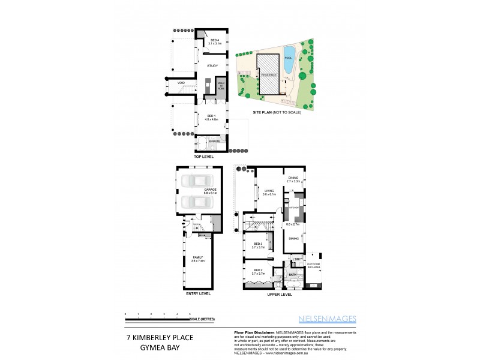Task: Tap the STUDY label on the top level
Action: pyautogui.click(x=212, y=67)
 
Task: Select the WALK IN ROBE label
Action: pyautogui.click(x=220, y=86)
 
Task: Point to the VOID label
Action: pyautogui.click(x=181, y=83)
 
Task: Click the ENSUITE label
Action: pyautogui.click(x=214, y=140)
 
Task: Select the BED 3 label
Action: pyautogui.click(x=257, y=245)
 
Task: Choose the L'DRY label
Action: pyautogui.click(x=295, y=259)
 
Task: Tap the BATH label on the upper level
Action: pyautogui.click(x=293, y=275)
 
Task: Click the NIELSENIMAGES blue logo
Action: pyautogui.click(x=328, y=319)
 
